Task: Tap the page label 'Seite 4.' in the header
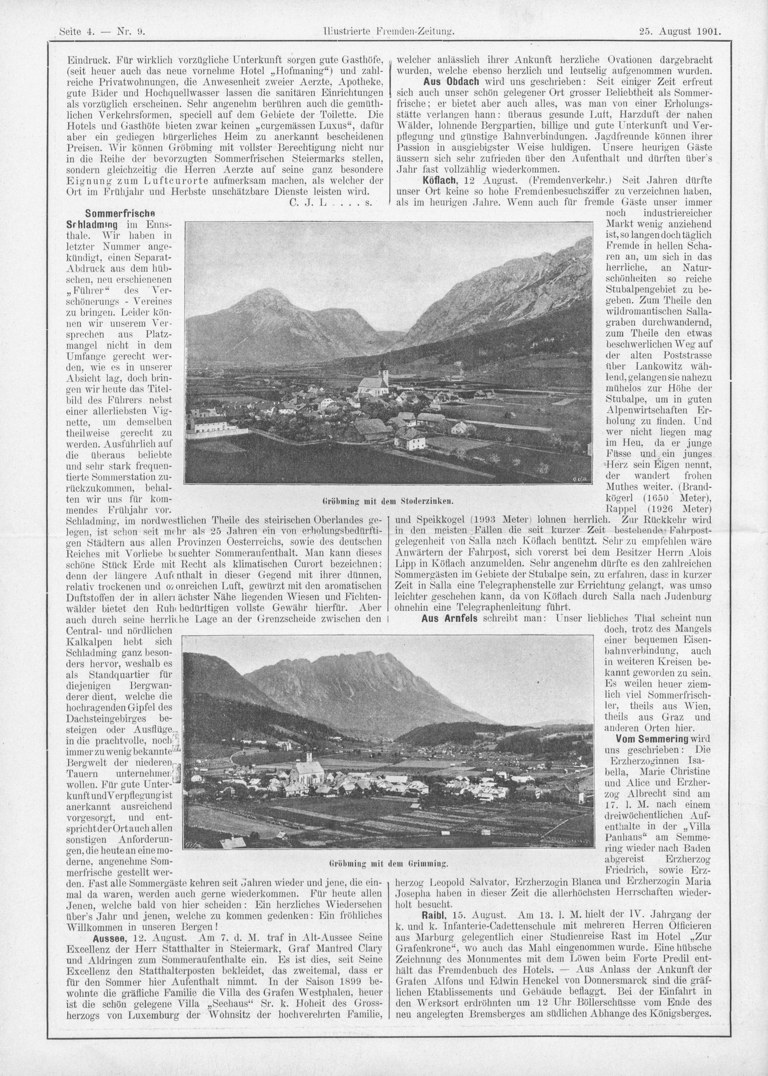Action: [x=78, y=32]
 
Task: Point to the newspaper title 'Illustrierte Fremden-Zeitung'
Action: [x=387, y=32]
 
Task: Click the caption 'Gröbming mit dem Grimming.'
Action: [x=388, y=863]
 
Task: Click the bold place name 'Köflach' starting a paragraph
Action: [x=437, y=180]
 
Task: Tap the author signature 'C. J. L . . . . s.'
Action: [x=330, y=202]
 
